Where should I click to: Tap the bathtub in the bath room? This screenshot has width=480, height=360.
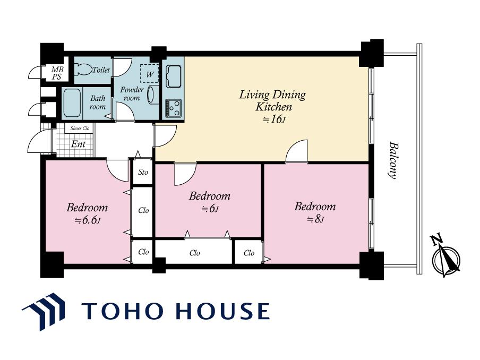point(72,103)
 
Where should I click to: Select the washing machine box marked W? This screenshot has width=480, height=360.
point(150,73)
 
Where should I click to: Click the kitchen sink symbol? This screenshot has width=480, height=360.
point(173,76)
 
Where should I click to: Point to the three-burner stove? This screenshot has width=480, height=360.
point(173,108)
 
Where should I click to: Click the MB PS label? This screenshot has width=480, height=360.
point(57,73)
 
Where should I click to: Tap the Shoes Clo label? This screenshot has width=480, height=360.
point(80,128)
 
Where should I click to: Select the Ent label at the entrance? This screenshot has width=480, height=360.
point(78,144)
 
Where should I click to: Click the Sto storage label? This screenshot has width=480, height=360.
point(143,172)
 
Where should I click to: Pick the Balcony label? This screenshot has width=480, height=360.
point(393,160)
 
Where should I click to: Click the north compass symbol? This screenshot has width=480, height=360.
point(445,256)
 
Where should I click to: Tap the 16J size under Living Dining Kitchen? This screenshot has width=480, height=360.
point(275,119)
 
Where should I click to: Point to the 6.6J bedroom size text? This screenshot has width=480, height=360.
point(88,220)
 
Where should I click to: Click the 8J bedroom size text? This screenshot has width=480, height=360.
point(315,219)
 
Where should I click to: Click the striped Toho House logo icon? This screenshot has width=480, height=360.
point(44,311)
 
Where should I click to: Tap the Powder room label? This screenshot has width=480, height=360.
point(132,93)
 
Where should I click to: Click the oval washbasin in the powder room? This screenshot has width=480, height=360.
point(151,95)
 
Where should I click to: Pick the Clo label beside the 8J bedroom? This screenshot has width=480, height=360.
point(249,253)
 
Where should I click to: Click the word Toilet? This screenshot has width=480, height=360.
point(101,70)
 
